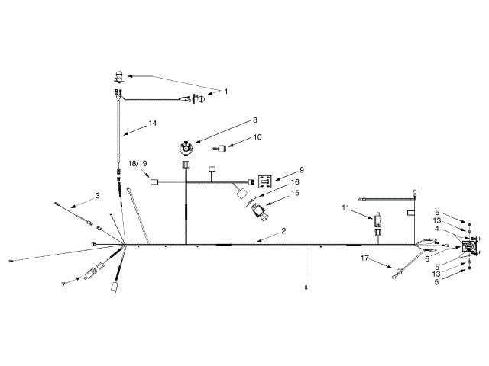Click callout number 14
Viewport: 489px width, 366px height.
pyautogui.click(x=153, y=123)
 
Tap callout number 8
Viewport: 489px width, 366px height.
pyautogui.click(x=235, y=120)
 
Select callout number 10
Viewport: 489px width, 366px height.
pyautogui.click(x=257, y=137)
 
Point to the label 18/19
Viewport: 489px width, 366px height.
pyautogui.click(x=138, y=164)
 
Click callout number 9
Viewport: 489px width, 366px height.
pyautogui.click(x=302, y=169)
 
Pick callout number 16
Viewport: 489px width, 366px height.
pyautogui.click(x=294, y=182)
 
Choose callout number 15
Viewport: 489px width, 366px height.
pyautogui.click(x=294, y=194)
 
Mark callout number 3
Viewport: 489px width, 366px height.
pyautogui.click(x=98, y=196)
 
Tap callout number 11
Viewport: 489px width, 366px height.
pyautogui.click(x=345, y=207)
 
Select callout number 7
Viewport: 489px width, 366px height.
pyautogui.click(x=63, y=284)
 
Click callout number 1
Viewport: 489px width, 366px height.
pyautogui.click(x=225, y=91)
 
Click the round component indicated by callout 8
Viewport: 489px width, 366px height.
pyautogui.click(x=185, y=146)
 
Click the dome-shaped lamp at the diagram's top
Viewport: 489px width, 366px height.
pyautogui.click(x=118, y=75)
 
